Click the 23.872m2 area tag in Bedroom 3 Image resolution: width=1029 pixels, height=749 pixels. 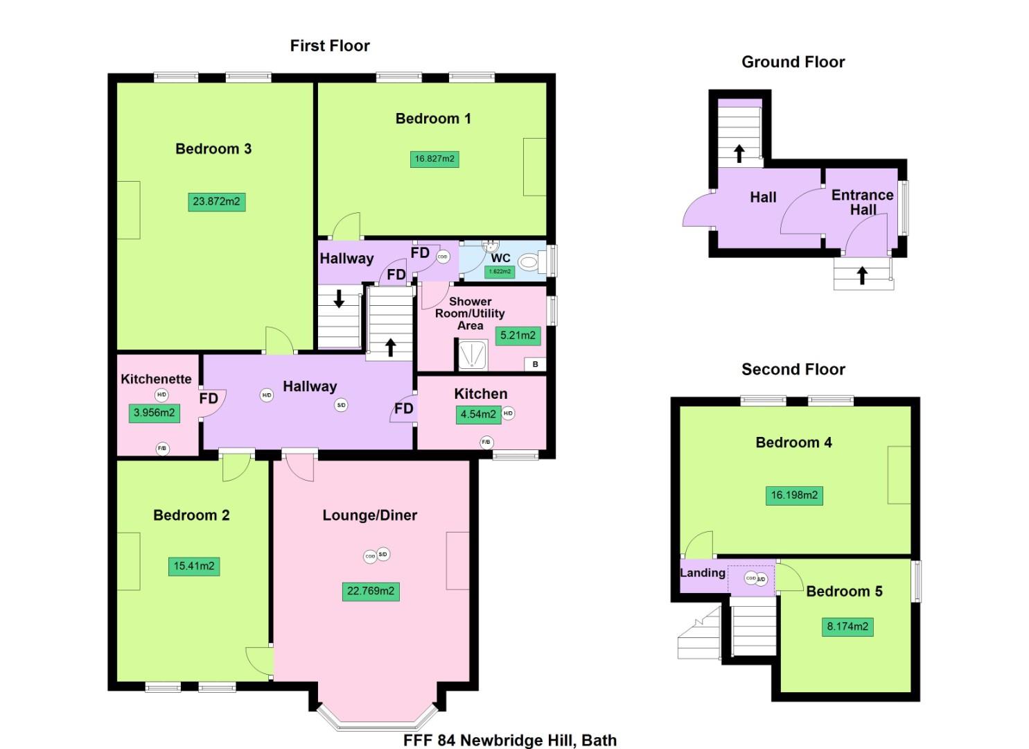216,202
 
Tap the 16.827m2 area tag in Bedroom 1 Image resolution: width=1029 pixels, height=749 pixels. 434,159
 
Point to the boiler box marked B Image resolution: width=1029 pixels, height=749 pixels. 535,364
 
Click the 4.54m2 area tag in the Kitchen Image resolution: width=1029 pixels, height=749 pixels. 478,414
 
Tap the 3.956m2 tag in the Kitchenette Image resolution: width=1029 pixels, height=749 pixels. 154,413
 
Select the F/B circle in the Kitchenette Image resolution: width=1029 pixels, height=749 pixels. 161,449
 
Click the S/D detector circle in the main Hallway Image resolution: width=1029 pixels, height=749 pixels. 341,405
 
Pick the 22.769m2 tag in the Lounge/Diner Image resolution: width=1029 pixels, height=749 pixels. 371,591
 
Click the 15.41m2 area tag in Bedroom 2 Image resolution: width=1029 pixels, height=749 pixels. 194,566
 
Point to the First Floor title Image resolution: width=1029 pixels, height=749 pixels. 330,46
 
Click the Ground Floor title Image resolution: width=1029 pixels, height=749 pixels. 793,62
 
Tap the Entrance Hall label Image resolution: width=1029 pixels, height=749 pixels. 863,202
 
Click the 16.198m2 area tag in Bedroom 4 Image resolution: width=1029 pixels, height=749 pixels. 794,495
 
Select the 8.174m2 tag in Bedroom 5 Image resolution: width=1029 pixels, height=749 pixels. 847,626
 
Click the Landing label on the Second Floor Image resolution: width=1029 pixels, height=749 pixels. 703,573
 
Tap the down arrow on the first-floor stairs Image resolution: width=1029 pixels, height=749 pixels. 339,299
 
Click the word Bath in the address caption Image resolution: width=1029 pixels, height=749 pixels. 599,740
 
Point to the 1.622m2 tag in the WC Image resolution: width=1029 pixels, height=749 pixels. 500,271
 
